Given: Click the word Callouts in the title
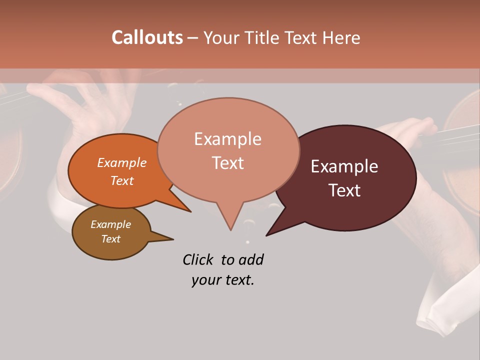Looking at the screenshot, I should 147,37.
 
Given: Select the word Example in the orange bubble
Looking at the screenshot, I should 122,162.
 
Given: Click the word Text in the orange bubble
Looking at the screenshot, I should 122,180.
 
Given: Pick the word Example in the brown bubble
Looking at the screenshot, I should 110,224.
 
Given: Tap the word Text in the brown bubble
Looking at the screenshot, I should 110,239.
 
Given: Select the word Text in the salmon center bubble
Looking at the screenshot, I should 227,162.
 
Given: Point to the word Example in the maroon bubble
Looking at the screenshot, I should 344,166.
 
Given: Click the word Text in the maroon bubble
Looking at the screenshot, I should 344,190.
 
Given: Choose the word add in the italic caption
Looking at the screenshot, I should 251,259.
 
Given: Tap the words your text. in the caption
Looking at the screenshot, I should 222,280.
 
